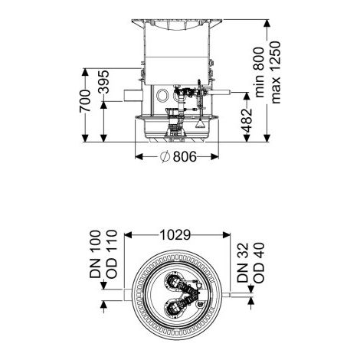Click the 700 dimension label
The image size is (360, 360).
pyautogui.click(x=85, y=100)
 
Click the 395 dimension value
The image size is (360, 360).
pyautogui.click(x=104, y=82)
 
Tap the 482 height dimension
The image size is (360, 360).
pyautogui.click(x=247, y=120)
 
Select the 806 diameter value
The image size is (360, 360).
pyautogui.click(x=185, y=156)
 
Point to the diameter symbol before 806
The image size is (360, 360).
pyautogui.click(x=165, y=156)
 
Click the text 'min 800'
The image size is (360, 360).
pyautogui.click(x=260, y=72)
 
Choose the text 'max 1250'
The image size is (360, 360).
pyautogui.click(x=276, y=72)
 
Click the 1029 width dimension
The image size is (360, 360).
pyautogui.click(x=175, y=235)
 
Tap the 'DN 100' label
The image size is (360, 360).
pyautogui.click(x=95, y=254)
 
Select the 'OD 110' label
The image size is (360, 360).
pyautogui.click(x=112, y=254)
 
